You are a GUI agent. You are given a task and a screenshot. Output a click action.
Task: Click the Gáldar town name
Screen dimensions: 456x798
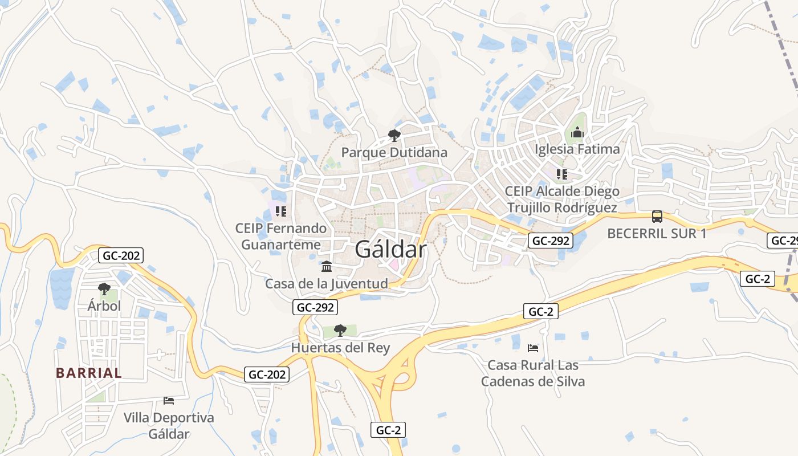click(x=390, y=250)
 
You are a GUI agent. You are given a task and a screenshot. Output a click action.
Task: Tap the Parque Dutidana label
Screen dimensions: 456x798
click(x=394, y=153)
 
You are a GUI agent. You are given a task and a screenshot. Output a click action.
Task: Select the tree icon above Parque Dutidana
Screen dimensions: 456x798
click(x=394, y=136)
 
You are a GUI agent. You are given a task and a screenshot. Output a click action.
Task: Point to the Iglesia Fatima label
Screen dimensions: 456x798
click(x=577, y=149)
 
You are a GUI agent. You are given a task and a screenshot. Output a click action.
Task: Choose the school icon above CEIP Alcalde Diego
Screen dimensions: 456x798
click(x=562, y=174)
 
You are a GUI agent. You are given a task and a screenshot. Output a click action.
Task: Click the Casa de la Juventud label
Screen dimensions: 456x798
click(x=327, y=283)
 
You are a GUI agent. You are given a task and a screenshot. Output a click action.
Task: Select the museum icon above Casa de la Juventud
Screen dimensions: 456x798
click(x=327, y=266)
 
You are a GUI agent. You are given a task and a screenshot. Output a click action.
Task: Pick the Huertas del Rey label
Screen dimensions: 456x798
click(x=340, y=348)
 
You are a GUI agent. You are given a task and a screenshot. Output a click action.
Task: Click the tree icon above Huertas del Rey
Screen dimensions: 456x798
click(x=340, y=330)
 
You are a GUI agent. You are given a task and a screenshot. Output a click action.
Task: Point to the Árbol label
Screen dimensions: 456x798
click(x=104, y=306)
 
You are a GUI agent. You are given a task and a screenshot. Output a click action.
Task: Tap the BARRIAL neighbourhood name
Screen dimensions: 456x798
click(x=89, y=373)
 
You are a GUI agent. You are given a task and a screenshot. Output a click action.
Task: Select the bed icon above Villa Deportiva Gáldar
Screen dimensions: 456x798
click(x=169, y=400)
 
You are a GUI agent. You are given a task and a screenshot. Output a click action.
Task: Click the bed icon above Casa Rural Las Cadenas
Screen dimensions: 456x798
click(x=533, y=348)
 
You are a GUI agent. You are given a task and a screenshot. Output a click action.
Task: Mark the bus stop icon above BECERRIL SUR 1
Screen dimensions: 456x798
click(x=657, y=217)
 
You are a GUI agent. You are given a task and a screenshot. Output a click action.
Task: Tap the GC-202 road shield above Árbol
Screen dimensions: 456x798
click(x=121, y=255)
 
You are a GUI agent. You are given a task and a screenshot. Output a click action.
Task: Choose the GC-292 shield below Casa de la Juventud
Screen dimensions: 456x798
click(x=316, y=308)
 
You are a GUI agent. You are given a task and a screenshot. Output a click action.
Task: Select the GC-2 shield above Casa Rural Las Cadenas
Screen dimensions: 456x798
click(x=540, y=311)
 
